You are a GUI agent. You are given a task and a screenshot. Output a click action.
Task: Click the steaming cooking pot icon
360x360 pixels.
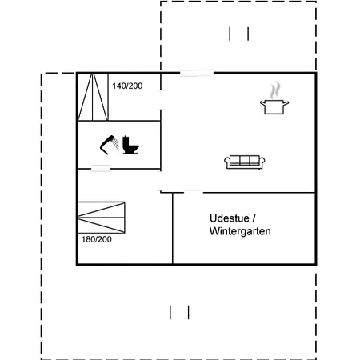[x=274, y=98]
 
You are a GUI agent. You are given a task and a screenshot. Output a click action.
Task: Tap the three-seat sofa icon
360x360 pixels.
[x=245, y=162]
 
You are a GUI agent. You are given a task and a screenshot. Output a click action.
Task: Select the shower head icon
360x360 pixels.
[x=110, y=145]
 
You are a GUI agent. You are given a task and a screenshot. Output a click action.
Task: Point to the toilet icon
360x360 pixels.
[x=130, y=145]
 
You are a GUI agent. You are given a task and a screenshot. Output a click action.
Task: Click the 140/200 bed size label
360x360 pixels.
[x=127, y=86]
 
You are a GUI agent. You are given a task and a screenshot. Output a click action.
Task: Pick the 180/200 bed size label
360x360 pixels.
[x=97, y=239]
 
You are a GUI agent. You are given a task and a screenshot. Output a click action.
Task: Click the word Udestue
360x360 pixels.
[x=230, y=218]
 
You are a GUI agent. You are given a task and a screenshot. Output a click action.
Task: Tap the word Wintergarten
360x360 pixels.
[x=240, y=231]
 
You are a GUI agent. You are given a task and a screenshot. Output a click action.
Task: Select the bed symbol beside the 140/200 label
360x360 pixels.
[x=93, y=97]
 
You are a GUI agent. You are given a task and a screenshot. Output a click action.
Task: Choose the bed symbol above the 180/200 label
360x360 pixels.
[x=102, y=218]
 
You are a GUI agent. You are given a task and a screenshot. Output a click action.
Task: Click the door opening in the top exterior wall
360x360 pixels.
[x=197, y=73]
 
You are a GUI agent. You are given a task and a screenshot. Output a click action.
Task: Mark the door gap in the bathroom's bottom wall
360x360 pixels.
[x=101, y=168]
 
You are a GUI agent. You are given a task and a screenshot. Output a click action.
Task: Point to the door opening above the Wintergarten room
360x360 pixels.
[x=194, y=192]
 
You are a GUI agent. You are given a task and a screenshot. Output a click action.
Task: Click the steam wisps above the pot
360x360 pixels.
[x=275, y=90]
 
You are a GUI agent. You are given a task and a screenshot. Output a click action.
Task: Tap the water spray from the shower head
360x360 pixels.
[x=116, y=143]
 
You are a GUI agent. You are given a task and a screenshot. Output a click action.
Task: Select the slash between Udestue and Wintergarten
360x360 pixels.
[x=254, y=218]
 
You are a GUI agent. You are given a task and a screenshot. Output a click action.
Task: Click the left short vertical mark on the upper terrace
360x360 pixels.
[x=230, y=34]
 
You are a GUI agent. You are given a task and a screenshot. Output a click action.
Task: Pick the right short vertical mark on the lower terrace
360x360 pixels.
[x=189, y=312]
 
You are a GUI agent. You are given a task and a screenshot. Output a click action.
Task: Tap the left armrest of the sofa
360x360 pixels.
[x=227, y=162]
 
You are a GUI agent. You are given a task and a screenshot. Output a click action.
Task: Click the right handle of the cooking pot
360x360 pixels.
[x=286, y=103]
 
